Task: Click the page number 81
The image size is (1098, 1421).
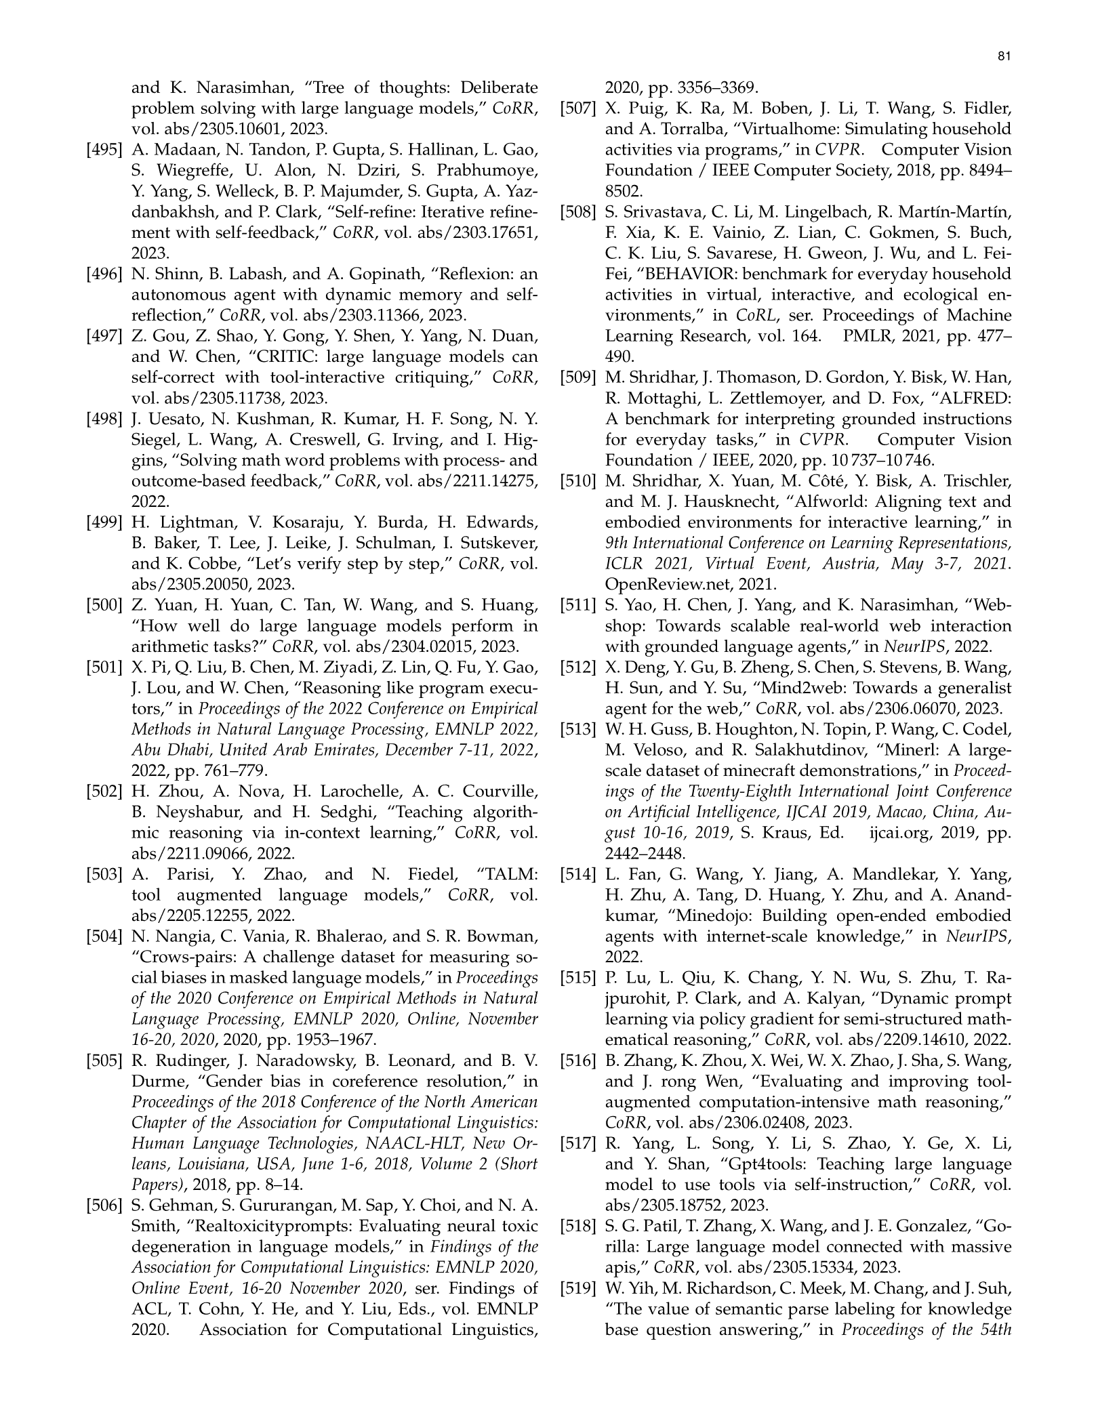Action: pos(1005,57)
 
